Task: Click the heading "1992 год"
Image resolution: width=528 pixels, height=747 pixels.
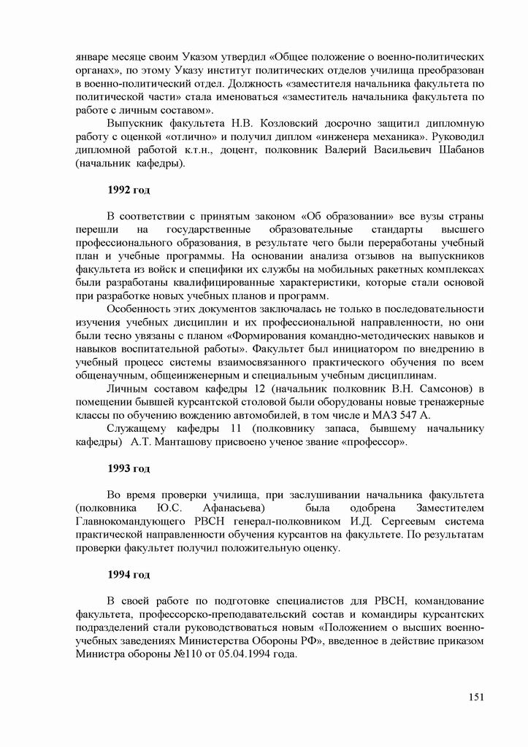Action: click(129, 190)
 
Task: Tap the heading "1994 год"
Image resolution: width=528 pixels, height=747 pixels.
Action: click(129, 575)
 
